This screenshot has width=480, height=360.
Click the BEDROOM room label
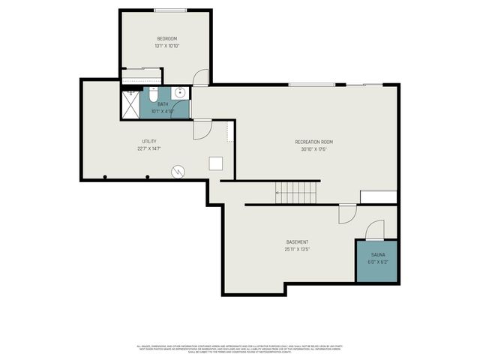(x=166, y=38)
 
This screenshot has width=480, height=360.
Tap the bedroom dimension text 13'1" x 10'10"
(x=166, y=46)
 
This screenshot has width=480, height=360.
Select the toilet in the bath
(x=152, y=95)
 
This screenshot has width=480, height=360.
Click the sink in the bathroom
(x=179, y=93)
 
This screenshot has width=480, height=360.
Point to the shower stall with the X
(x=130, y=104)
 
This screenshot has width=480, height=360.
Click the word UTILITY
(x=149, y=141)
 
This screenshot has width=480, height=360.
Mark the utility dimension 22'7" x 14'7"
(x=149, y=148)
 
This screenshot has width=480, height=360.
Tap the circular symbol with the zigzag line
(x=178, y=171)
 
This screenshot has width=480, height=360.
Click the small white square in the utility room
(x=215, y=163)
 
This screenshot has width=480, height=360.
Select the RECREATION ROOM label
(x=313, y=141)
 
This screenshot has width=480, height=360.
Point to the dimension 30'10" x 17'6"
(x=313, y=148)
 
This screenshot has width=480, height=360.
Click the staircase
(x=295, y=192)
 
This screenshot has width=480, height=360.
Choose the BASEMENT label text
(x=297, y=241)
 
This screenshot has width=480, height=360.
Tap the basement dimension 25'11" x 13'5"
(x=297, y=249)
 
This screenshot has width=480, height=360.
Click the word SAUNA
(x=376, y=255)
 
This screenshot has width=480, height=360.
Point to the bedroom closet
(x=141, y=76)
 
